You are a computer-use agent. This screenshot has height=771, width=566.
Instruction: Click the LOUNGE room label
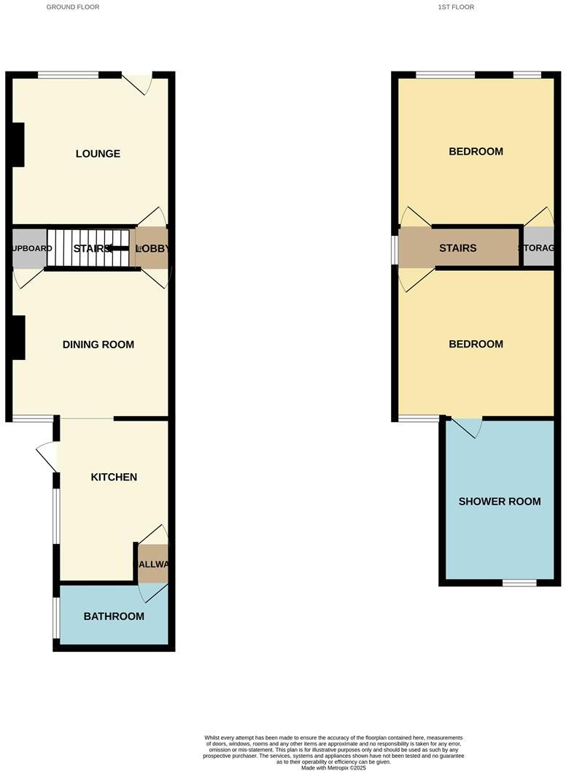(98, 154)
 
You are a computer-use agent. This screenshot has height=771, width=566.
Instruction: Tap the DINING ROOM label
(98, 345)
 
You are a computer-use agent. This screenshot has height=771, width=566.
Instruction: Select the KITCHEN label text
(114, 477)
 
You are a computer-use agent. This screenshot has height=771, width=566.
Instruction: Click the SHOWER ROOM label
(500, 502)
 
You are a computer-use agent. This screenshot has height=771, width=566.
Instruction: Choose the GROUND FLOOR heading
(73, 7)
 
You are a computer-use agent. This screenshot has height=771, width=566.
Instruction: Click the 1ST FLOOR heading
(456, 7)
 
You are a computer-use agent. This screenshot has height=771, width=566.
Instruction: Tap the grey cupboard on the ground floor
(29, 248)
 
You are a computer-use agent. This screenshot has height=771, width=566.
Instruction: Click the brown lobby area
(153, 248)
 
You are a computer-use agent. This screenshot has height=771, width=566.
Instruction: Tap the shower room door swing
(467, 427)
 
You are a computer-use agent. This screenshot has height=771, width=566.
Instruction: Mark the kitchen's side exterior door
(47, 457)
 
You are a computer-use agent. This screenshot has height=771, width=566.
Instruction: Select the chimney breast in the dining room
(18, 337)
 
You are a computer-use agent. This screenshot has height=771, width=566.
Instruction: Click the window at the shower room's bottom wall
(519, 583)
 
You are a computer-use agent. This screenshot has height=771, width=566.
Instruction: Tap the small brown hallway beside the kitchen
(153, 564)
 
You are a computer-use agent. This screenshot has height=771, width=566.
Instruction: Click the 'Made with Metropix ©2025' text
(333, 767)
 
